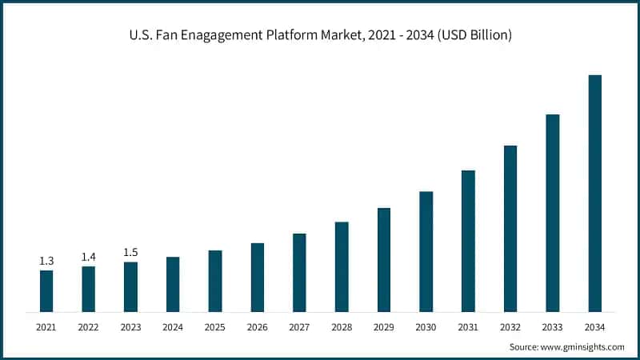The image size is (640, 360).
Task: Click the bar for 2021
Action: click(x=46, y=291)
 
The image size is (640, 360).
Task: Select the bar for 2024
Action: click(x=173, y=284)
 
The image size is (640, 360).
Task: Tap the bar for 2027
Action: click(x=299, y=273)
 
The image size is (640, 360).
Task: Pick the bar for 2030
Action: click(x=426, y=251)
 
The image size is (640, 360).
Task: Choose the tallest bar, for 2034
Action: click(x=594, y=194)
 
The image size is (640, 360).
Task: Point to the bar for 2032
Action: click(x=510, y=229)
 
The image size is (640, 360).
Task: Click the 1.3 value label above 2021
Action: click(x=46, y=261)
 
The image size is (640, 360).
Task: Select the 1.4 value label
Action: click(x=89, y=257)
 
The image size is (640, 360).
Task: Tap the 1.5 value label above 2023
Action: click(x=130, y=253)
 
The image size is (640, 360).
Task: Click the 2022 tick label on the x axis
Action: click(x=89, y=327)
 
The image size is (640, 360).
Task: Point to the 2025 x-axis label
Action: click(x=215, y=327)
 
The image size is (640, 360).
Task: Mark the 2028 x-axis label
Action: click(x=342, y=327)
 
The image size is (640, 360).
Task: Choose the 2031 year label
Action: click(x=468, y=327)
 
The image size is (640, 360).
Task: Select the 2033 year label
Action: click(x=552, y=327)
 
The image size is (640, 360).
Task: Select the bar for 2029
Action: click(x=384, y=260)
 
